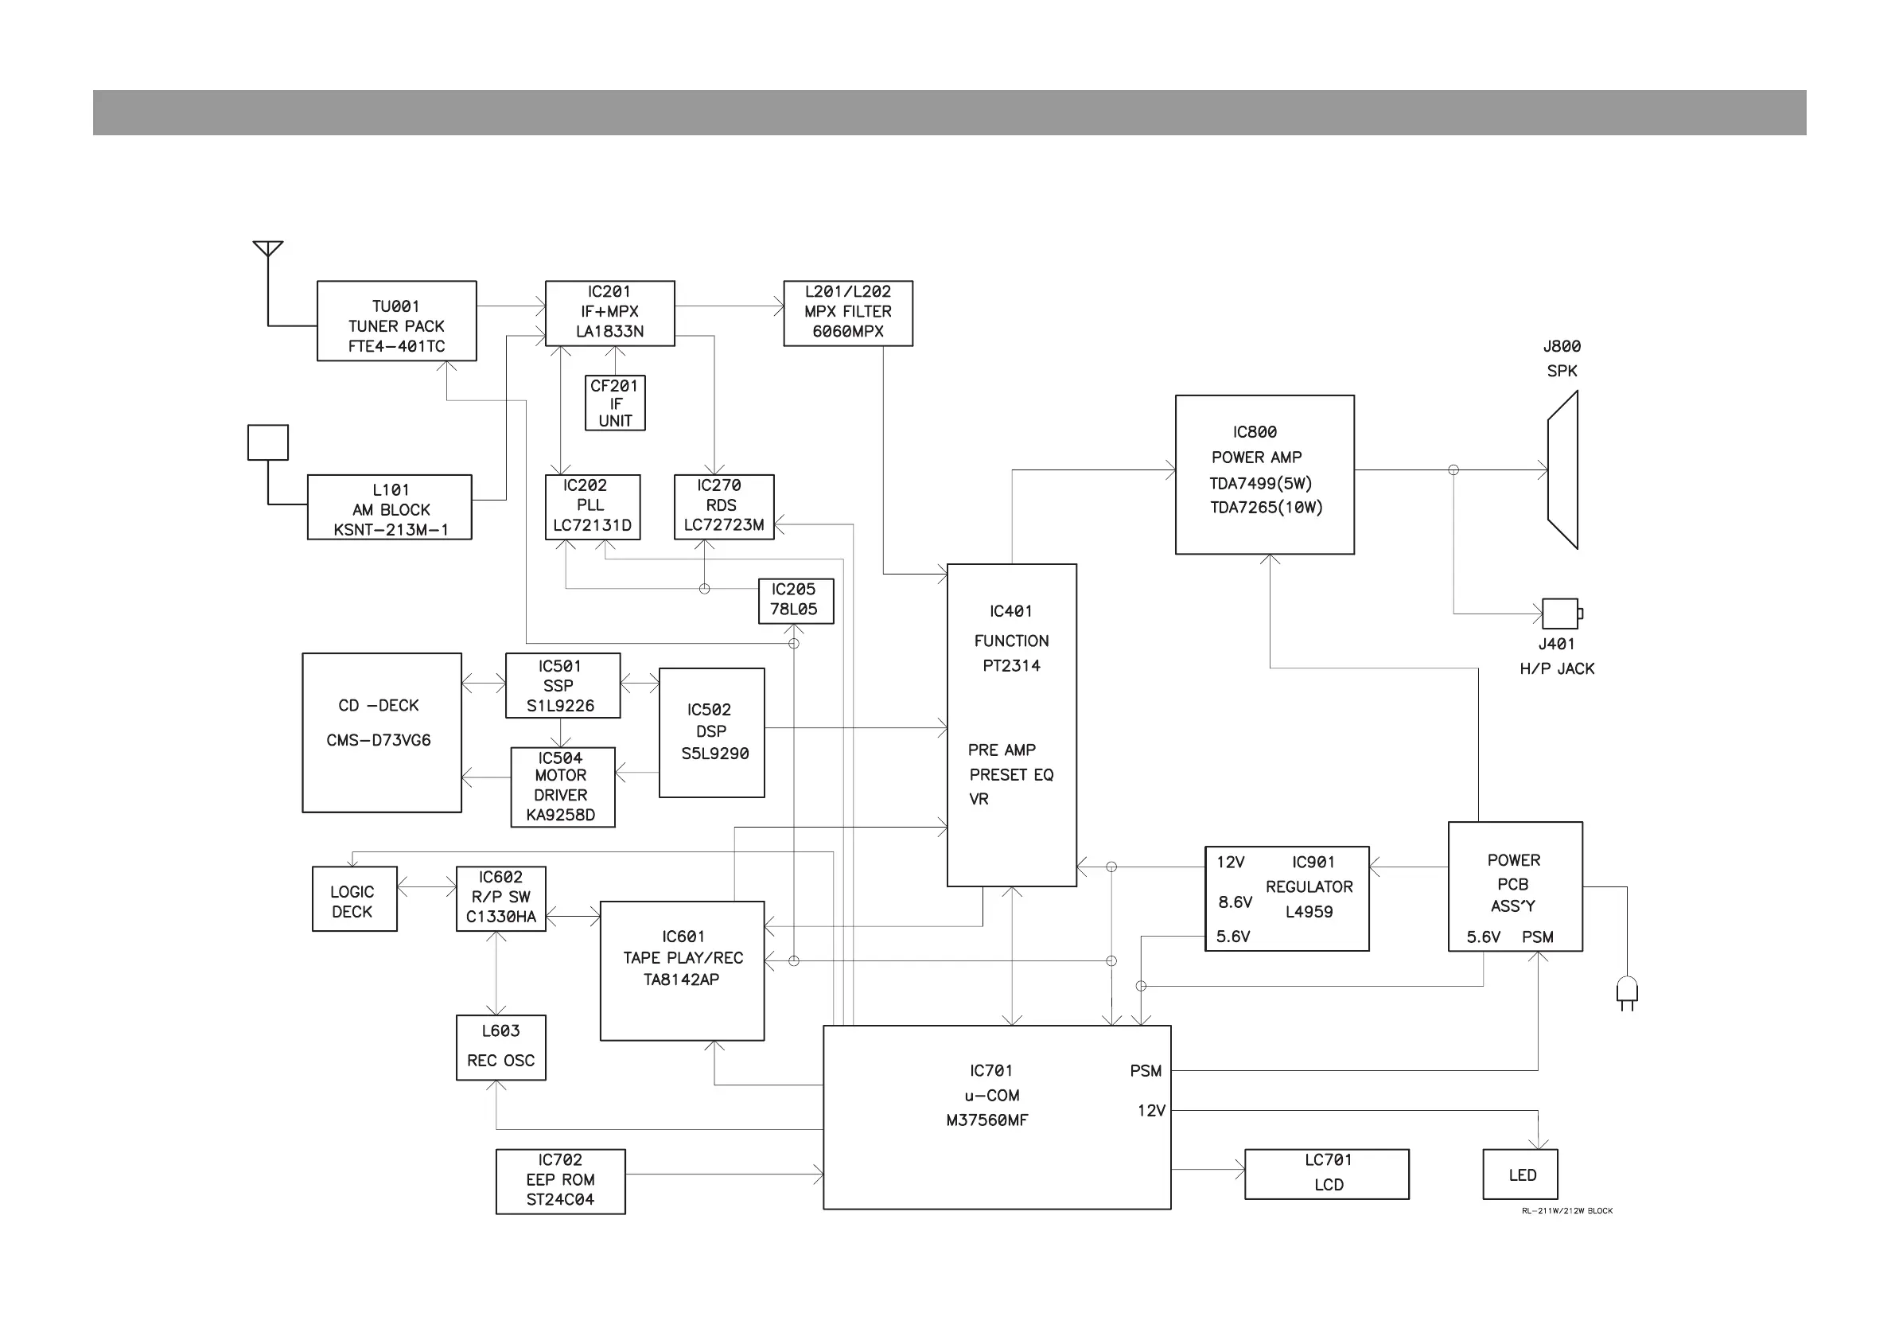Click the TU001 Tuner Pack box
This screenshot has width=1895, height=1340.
tap(396, 321)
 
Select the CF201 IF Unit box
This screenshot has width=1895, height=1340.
tap(615, 403)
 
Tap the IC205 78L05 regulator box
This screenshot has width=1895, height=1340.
tap(795, 600)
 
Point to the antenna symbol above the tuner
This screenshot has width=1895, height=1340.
tap(268, 248)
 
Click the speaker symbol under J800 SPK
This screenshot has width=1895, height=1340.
tap(1562, 469)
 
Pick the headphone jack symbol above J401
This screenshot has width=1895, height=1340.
tap(1561, 614)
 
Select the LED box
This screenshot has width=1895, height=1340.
tap(1520, 1174)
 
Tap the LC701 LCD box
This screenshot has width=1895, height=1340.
tap(1326, 1173)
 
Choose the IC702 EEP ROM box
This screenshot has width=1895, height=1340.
tap(560, 1181)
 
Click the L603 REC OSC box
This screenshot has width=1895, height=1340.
tap(501, 1047)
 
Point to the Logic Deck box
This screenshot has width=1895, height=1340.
tap(354, 899)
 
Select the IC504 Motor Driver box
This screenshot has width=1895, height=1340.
tap(562, 787)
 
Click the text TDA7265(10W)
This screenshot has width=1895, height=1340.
tap(1266, 508)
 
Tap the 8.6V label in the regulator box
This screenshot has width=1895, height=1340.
tap(1235, 902)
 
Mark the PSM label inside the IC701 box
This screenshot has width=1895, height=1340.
tap(1146, 1071)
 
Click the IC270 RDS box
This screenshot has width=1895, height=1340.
tap(724, 506)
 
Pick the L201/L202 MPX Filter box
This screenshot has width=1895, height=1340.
tap(847, 313)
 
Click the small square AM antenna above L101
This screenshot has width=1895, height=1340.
tap(268, 442)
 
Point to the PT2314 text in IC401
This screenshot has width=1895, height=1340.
tap(1011, 665)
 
